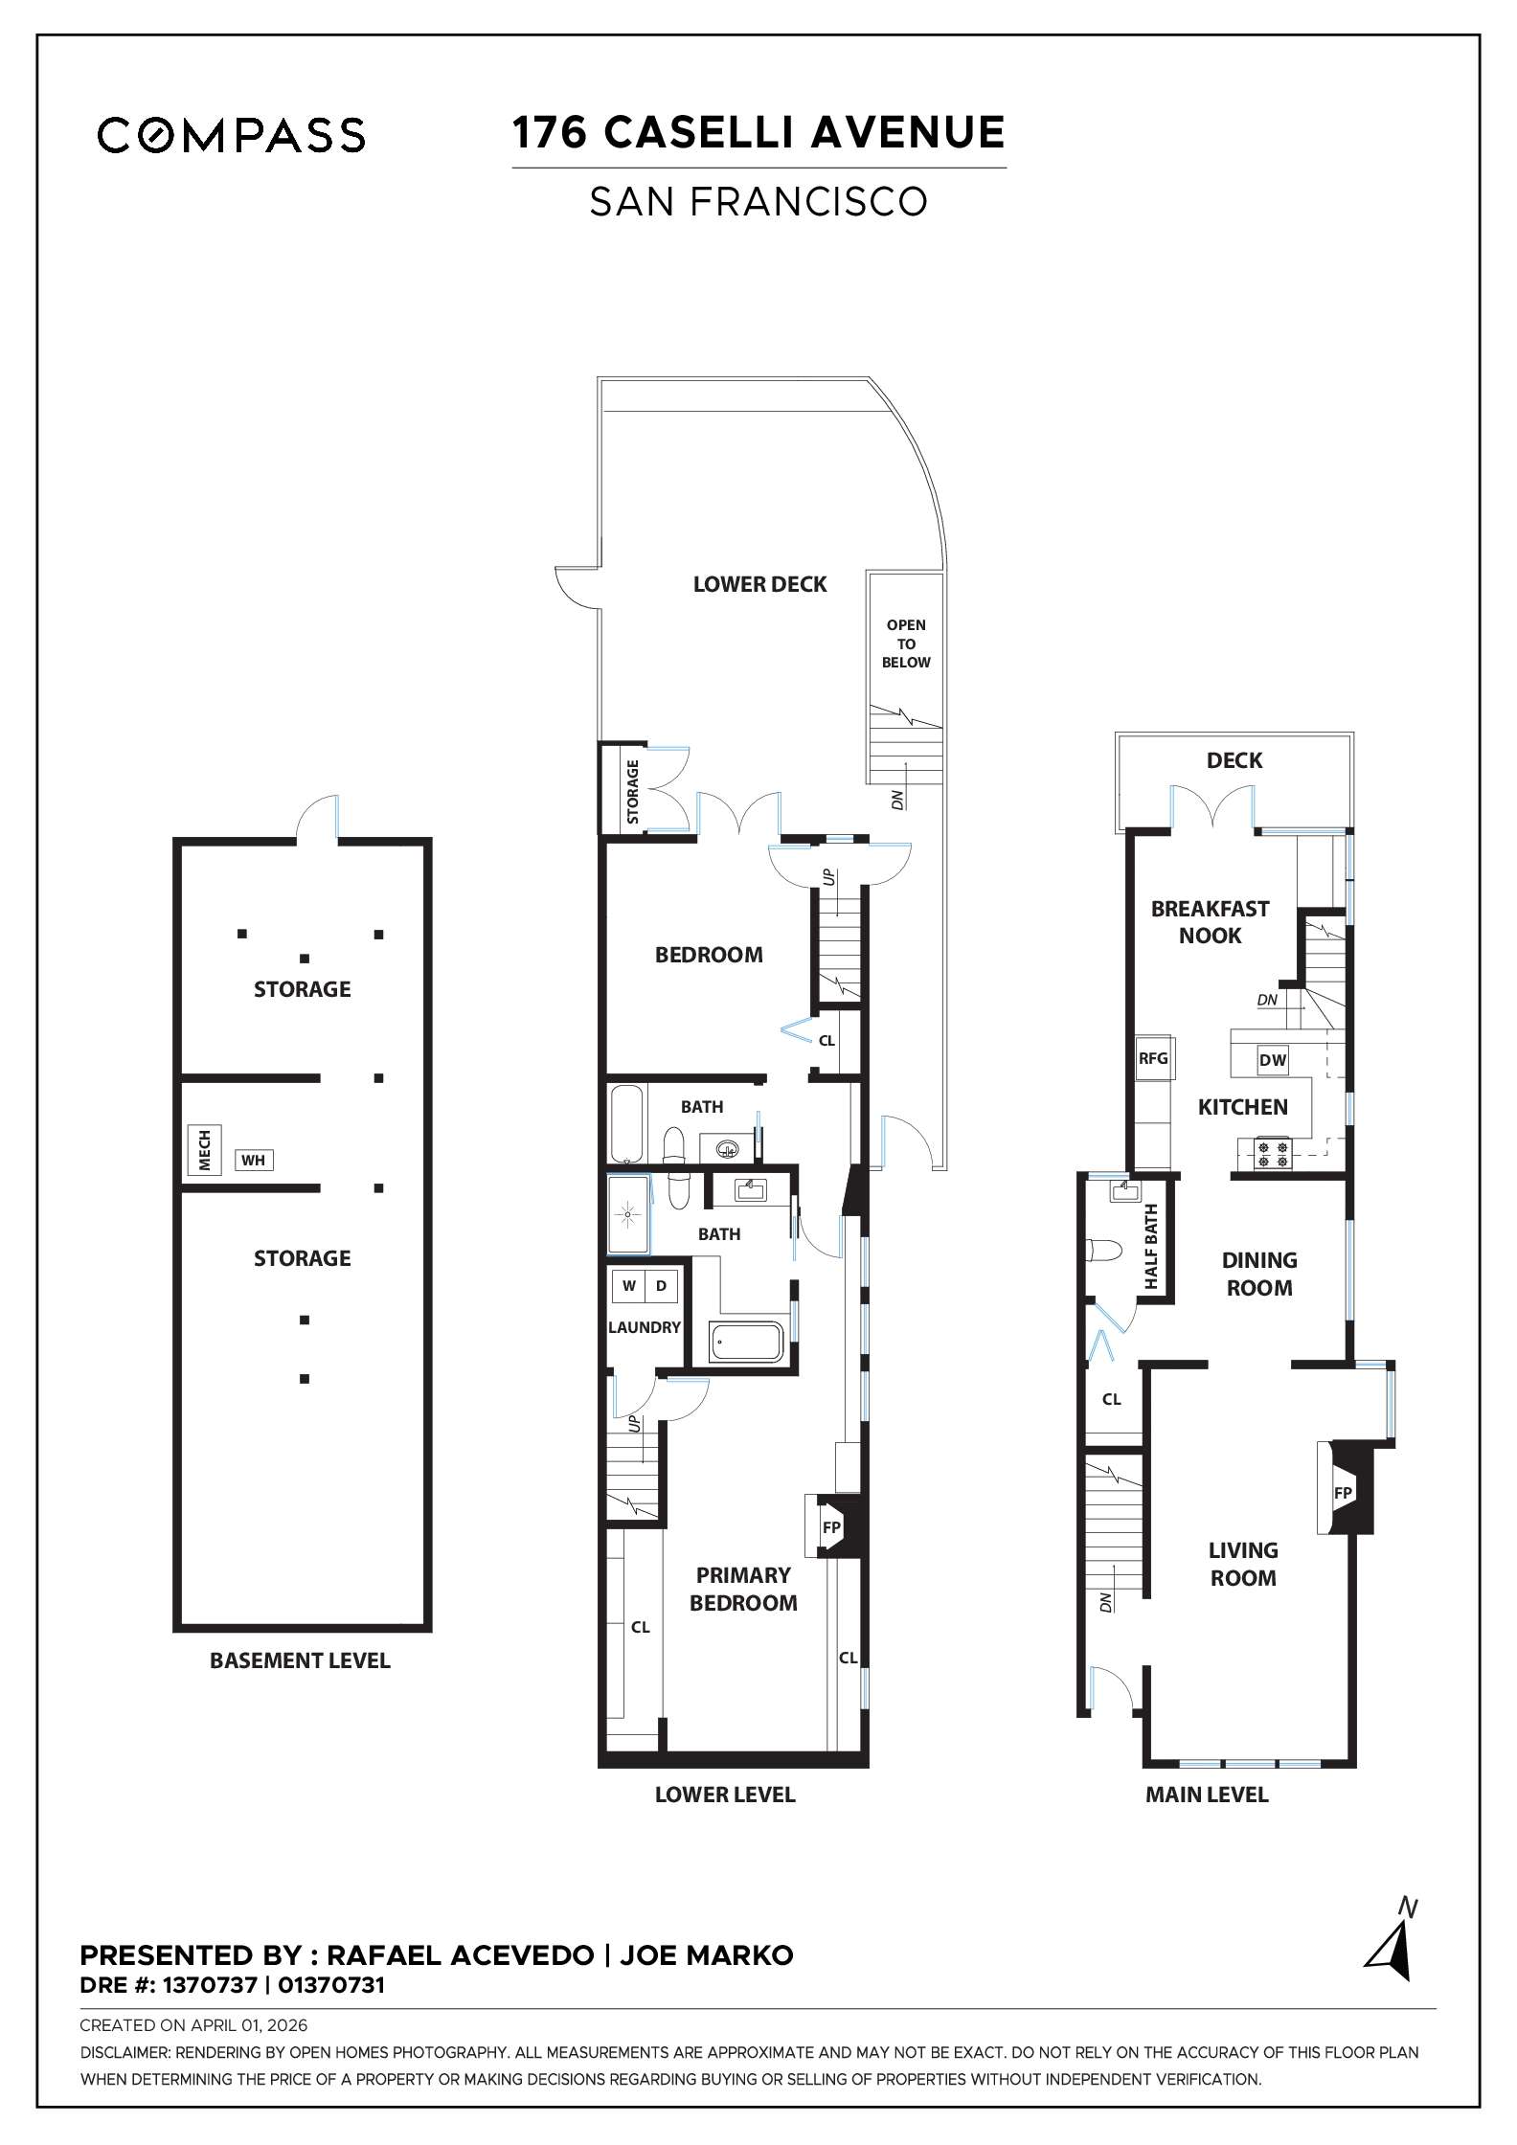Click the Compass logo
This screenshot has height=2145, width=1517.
(231, 135)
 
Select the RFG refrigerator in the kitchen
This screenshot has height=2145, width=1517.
(1153, 1058)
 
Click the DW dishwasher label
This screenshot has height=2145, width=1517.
(1272, 1060)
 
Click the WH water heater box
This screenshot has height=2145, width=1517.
(253, 1161)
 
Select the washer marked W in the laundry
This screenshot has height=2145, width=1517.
(628, 1286)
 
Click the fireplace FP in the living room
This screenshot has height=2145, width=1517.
(1344, 1493)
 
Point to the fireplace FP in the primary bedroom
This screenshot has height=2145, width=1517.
(831, 1527)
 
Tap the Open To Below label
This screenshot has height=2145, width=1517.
(906, 643)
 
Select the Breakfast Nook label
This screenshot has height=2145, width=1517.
(1210, 922)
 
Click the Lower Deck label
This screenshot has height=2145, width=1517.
(759, 584)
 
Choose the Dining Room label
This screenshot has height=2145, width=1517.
(1259, 1274)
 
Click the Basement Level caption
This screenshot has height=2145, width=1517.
(300, 1661)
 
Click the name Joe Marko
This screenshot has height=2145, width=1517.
(707, 1955)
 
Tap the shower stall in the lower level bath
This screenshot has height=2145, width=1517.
(628, 1215)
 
